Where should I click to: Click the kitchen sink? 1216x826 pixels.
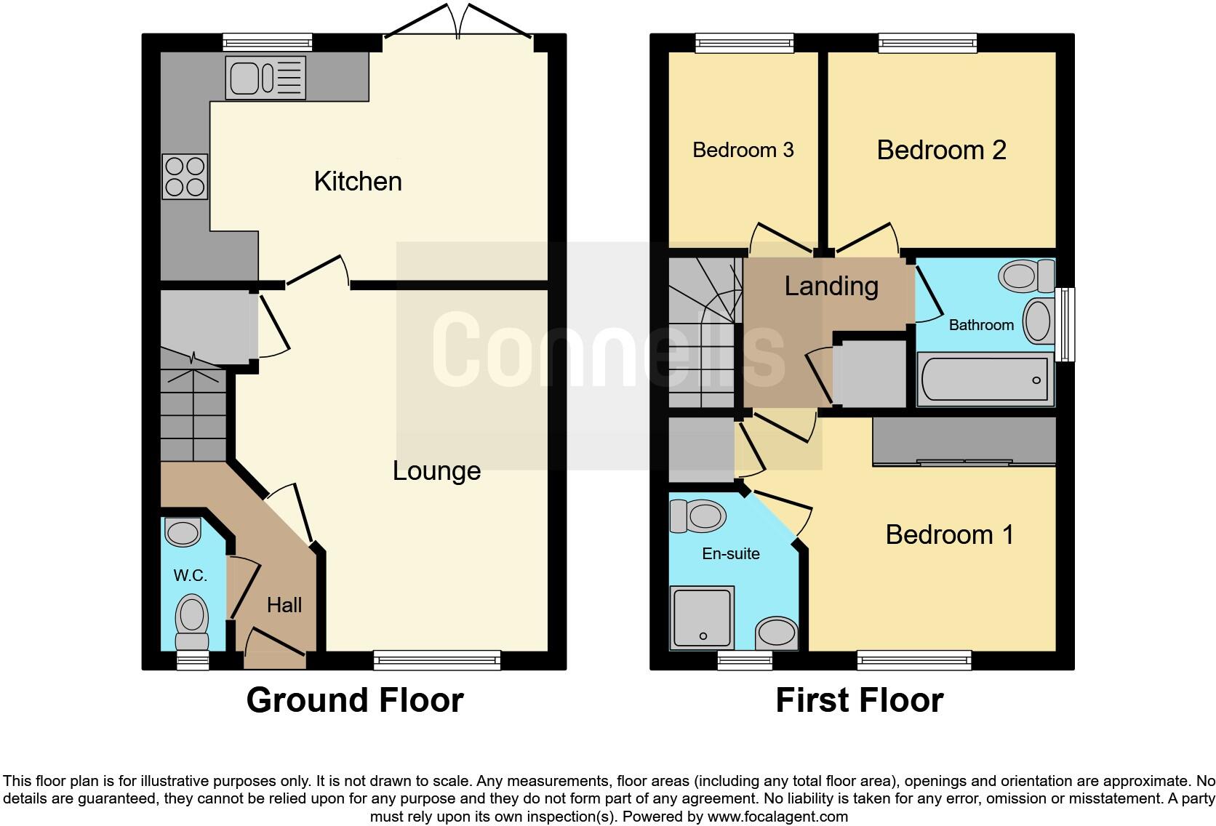[x=265, y=77]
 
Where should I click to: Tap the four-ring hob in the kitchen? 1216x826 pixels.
[x=185, y=177]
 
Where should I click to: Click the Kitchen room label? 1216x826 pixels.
[x=358, y=181]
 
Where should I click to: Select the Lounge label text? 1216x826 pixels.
[x=436, y=470]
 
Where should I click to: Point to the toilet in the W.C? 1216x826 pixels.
[x=192, y=621]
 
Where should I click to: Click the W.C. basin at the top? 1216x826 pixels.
[x=183, y=532]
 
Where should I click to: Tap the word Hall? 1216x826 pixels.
[x=284, y=605]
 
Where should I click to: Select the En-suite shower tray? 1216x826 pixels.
[x=702, y=617]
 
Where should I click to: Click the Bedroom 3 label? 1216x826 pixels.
[x=743, y=150]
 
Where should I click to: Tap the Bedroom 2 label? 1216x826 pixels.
[x=941, y=150]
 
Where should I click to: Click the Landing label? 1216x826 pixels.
[x=831, y=286]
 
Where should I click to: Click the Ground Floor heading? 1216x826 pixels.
[x=355, y=700]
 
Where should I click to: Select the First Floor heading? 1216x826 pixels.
[x=859, y=700]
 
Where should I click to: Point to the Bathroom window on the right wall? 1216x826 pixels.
[x=1065, y=324]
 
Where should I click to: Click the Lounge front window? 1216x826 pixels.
[x=437, y=659]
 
